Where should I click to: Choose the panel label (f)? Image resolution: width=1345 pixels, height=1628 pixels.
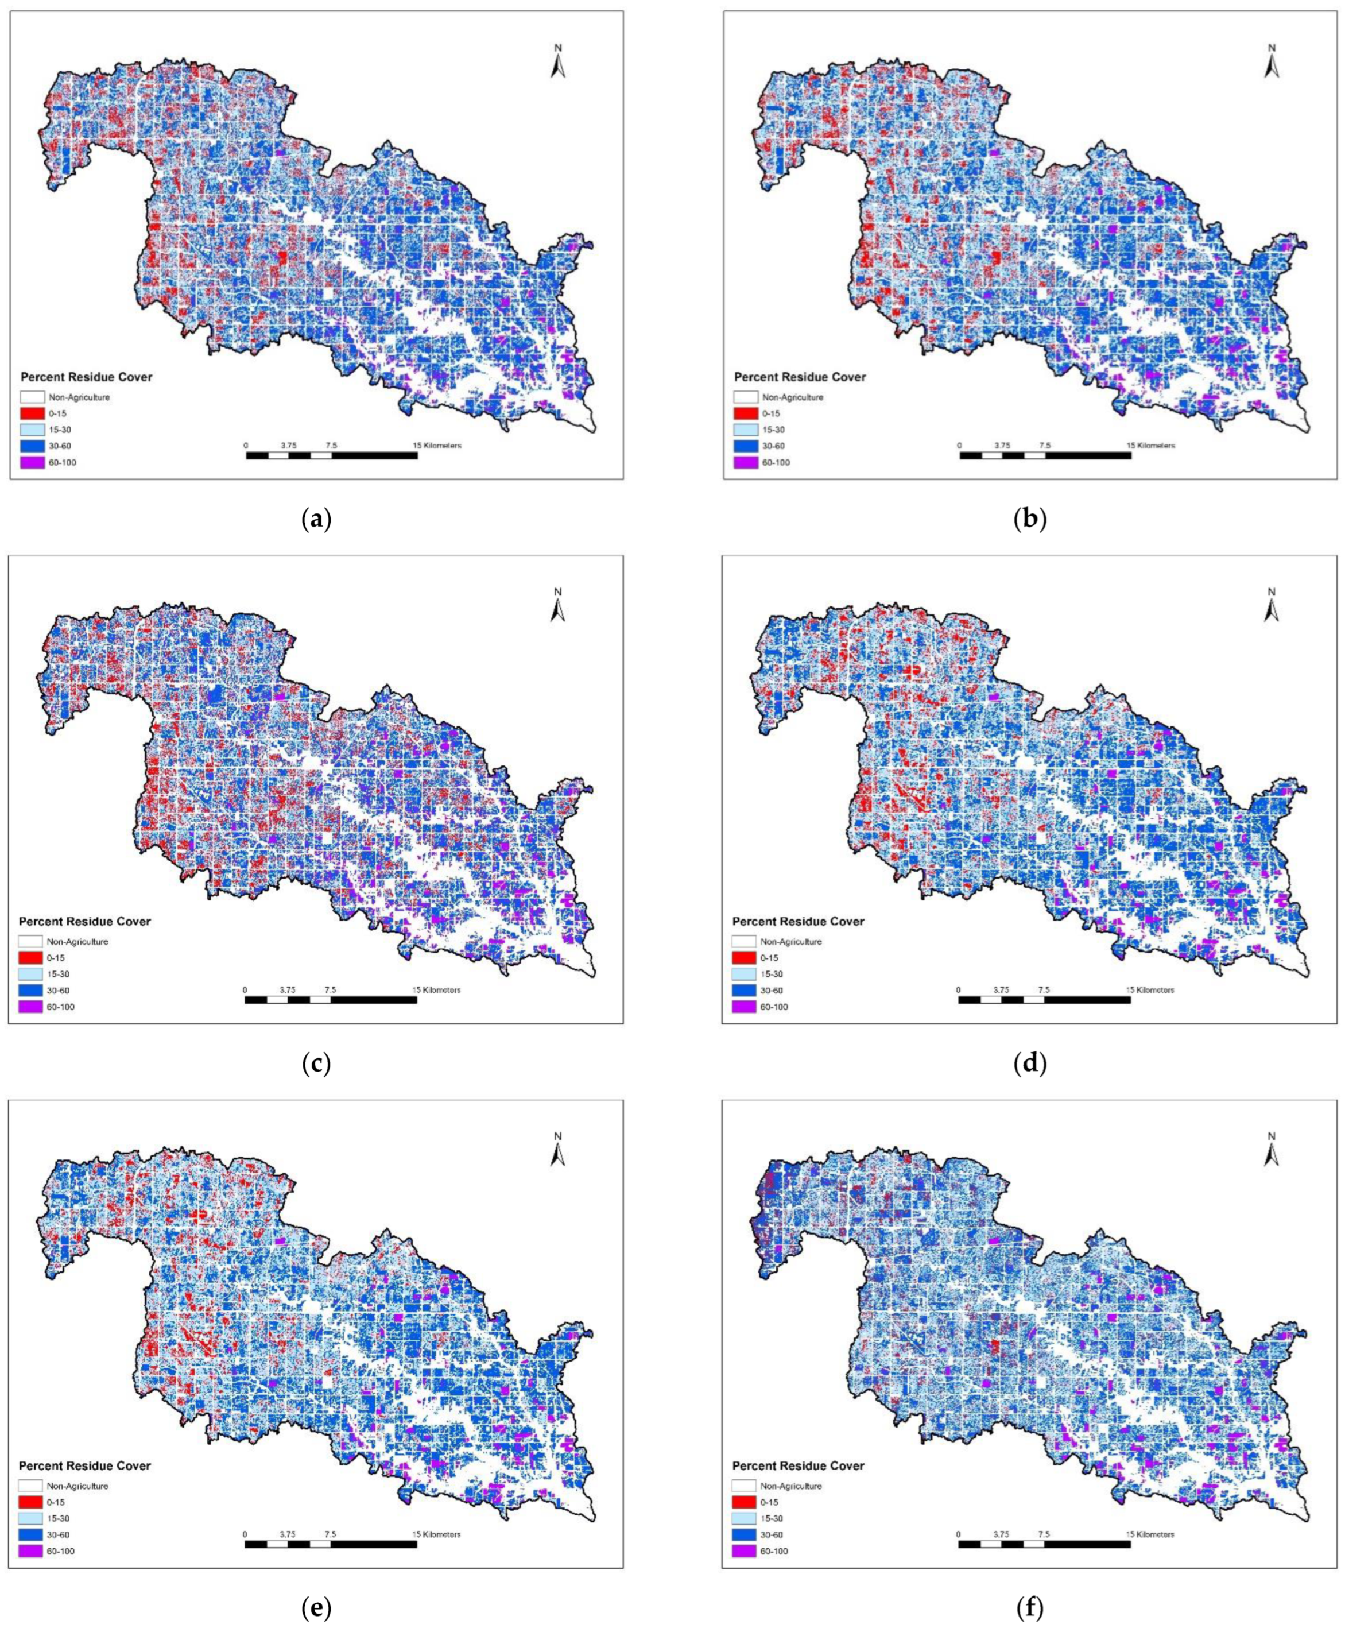(x=1030, y=1608)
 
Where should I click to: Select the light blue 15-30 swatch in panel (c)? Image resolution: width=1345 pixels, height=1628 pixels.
(x=30, y=974)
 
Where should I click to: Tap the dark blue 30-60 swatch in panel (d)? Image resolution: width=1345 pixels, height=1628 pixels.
(x=745, y=990)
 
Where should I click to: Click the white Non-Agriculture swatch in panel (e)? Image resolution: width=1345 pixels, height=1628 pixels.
(x=30, y=1486)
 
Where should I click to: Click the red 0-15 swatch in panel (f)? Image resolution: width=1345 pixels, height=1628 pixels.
(x=745, y=1502)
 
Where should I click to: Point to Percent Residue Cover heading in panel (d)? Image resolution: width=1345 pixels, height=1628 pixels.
(x=799, y=921)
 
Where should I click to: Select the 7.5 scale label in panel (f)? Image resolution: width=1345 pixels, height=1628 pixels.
(x=1044, y=1534)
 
